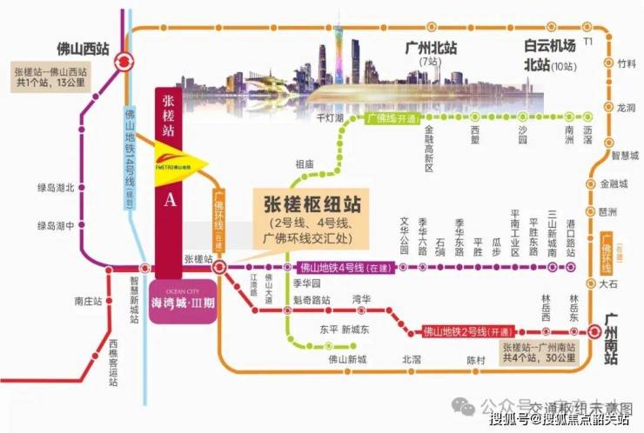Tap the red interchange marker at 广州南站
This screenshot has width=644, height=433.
(594, 330)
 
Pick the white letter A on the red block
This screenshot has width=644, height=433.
(170, 200)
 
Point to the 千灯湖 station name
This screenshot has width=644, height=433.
(330, 117)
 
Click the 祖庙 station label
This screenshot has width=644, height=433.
(304, 163)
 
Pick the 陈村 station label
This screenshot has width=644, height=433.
(474, 358)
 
